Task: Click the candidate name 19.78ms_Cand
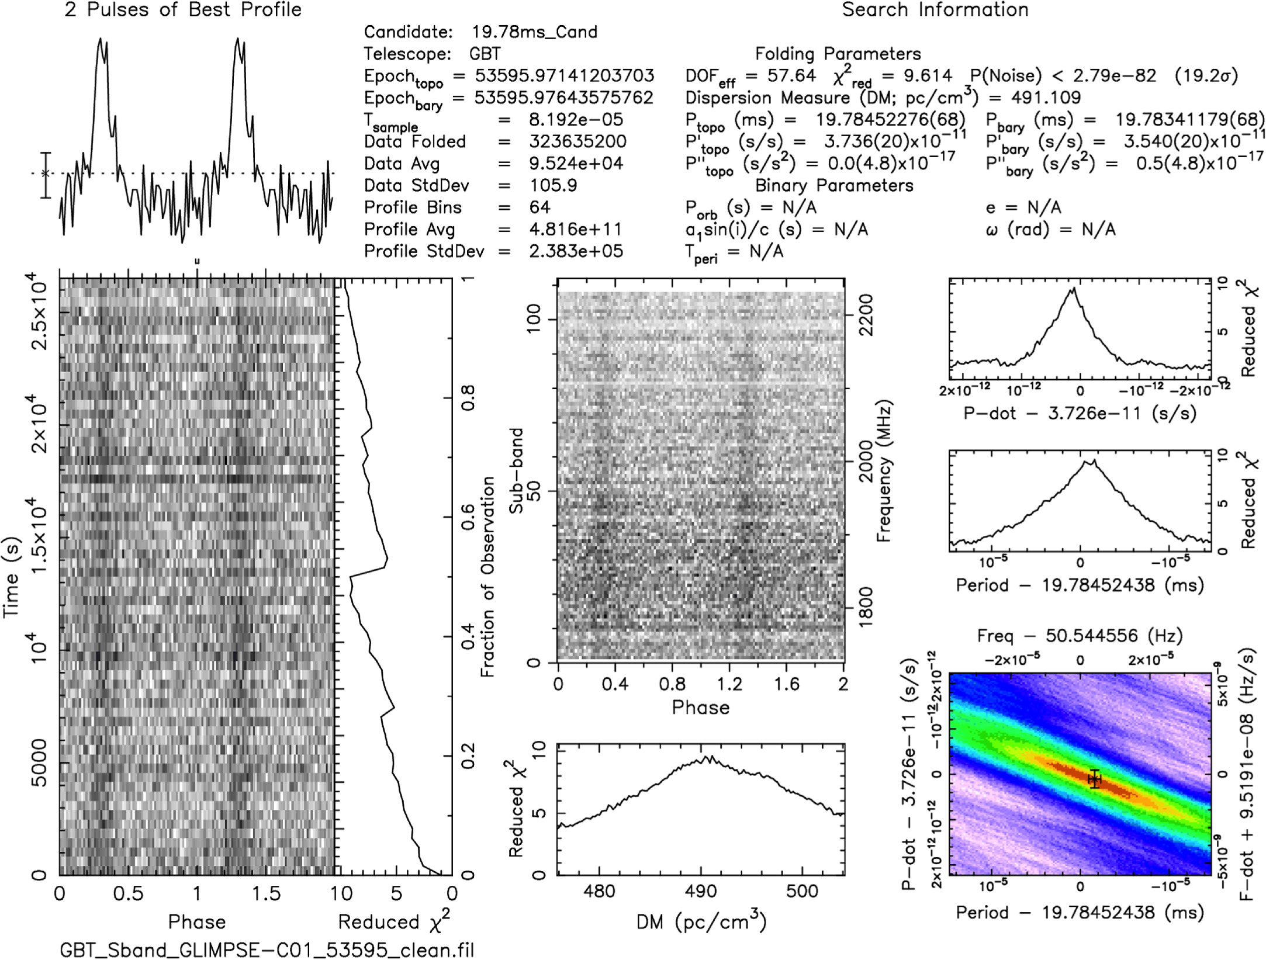click(534, 32)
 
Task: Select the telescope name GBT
click(485, 54)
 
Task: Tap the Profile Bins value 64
click(539, 207)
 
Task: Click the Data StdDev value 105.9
click(553, 186)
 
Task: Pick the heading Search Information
click(935, 10)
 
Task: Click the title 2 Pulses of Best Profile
click(183, 10)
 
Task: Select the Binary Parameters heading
click(834, 186)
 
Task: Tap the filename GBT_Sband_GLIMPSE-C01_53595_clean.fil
click(267, 949)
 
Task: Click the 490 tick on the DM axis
click(700, 891)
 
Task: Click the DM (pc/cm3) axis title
click(701, 921)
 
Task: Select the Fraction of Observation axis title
click(487, 577)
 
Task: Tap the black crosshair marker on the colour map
click(1094, 778)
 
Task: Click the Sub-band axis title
click(516, 471)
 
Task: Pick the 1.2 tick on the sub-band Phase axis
click(729, 683)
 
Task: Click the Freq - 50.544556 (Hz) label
click(1080, 636)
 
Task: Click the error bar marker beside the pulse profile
click(46, 174)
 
